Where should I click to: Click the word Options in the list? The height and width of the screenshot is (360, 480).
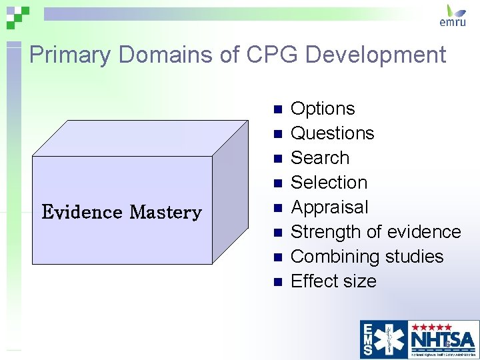(323, 109)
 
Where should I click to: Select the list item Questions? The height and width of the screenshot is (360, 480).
(333, 133)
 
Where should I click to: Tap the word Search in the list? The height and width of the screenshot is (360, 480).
(320, 158)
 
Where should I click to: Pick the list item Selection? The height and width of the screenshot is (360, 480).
(329, 183)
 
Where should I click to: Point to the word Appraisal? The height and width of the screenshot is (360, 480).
(329, 207)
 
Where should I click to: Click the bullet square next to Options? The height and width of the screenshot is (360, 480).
(278, 109)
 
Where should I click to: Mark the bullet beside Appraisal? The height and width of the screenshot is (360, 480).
(278, 207)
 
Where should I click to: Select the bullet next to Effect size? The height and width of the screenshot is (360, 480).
(278, 281)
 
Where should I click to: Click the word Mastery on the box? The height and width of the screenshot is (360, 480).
(165, 213)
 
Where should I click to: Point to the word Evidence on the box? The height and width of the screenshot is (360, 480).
(82, 213)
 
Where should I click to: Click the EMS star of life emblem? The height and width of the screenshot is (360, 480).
(385, 337)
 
